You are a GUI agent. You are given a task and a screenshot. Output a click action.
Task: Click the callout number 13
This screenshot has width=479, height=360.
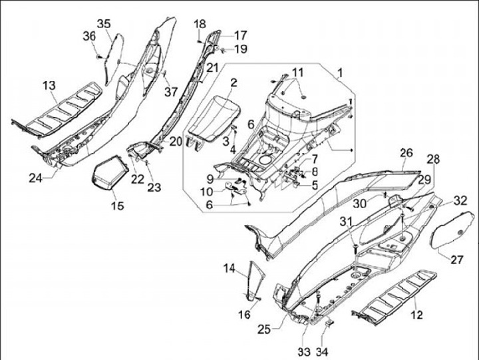(x=49, y=85)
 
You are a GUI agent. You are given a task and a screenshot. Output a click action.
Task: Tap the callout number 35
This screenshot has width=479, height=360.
(x=103, y=24)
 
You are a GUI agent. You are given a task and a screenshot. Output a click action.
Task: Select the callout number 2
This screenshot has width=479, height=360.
(x=234, y=83)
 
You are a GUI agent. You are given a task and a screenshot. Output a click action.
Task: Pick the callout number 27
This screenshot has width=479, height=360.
(x=456, y=260)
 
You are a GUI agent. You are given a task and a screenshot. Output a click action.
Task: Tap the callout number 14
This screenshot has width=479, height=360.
(x=229, y=268)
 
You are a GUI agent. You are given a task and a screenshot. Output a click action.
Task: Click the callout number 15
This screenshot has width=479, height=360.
(x=116, y=206)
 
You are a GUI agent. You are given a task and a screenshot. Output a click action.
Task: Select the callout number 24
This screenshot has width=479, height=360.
(x=35, y=178)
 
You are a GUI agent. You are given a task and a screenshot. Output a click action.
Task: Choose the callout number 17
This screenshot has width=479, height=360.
(x=239, y=35)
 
